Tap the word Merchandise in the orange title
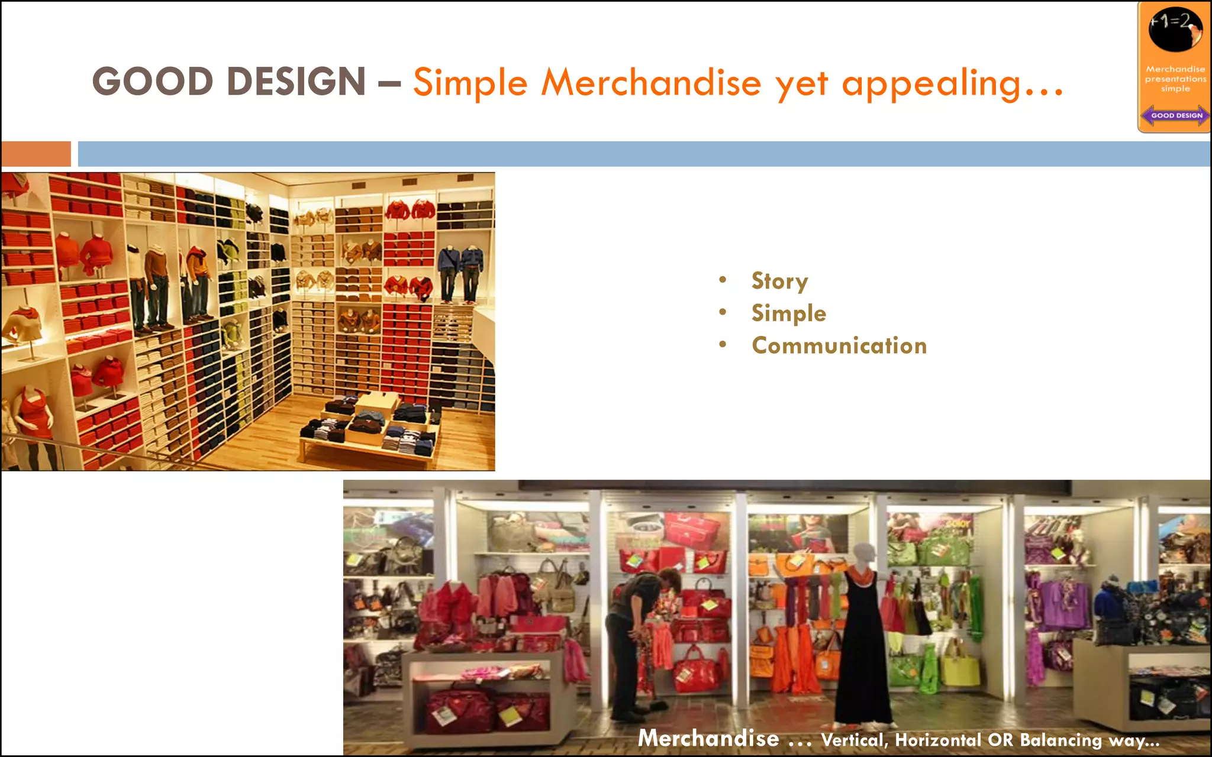coord(651,82)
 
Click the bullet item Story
coord(779,281)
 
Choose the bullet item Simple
coord(788,313)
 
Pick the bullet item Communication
coord(839,345)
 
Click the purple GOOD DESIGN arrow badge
coord(1176,115)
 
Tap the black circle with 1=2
coord(1175,29)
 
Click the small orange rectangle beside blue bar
coord(36,154)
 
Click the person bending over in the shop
coord(636,639)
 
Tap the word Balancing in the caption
coord(1060,740)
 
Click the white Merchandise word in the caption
coord(708,739)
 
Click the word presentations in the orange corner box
coord(1175,79)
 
